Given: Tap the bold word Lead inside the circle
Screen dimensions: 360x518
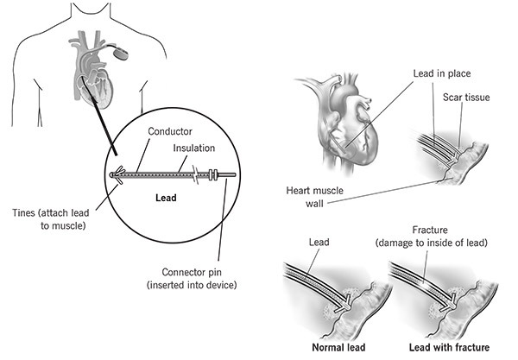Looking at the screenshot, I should click(165, 198).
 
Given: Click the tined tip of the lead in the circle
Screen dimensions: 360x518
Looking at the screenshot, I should click(116, 174).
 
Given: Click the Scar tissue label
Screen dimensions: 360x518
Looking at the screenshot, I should click(465, 98).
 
